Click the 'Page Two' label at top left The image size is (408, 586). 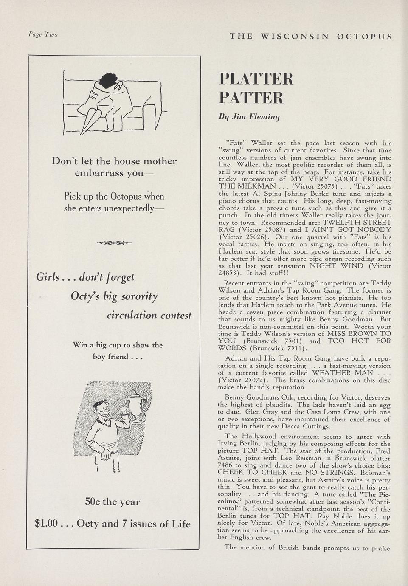coord(43,34)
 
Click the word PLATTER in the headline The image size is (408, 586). coord(256,79)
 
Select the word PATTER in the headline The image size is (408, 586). coord(251,98)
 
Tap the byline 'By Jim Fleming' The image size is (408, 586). coord(249,116)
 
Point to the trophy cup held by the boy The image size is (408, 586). coord(138,405)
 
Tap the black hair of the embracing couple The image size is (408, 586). coord(108,80)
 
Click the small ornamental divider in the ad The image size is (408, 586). coord(114,243)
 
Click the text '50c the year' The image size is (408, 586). coord(113,501)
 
